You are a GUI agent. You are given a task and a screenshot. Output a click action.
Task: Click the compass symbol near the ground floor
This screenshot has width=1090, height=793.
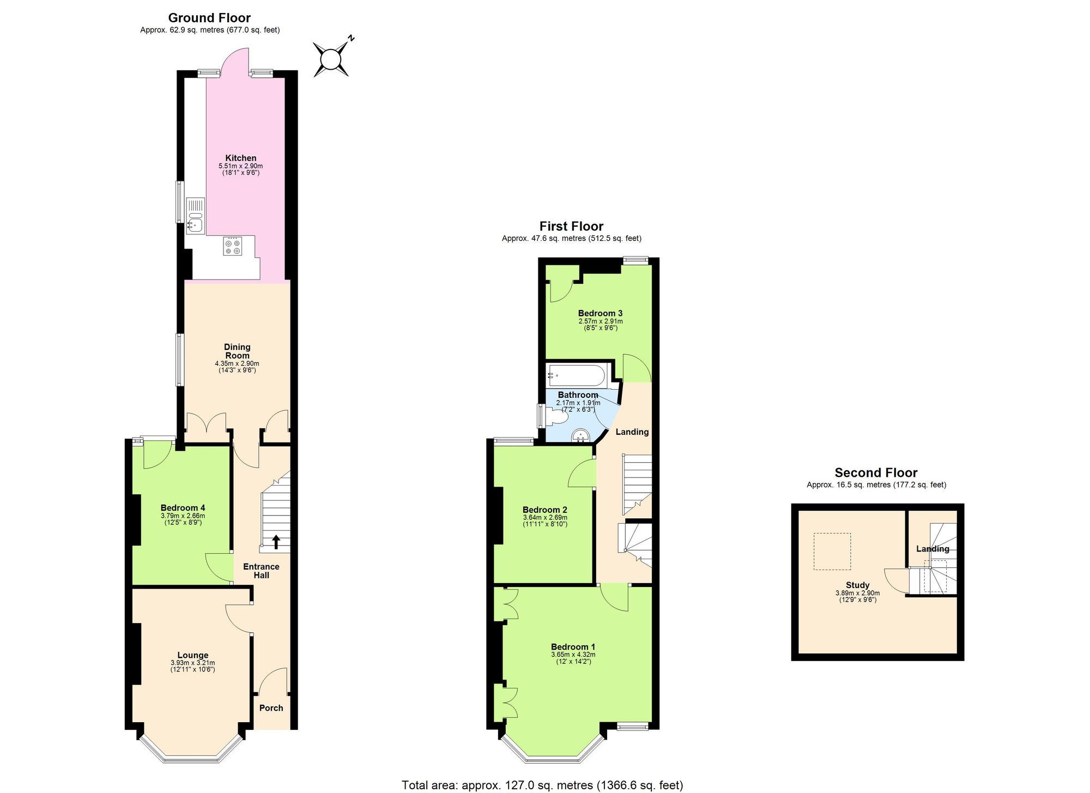coord(331,59)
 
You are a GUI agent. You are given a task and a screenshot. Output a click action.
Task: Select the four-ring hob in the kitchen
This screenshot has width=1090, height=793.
coord(232,246)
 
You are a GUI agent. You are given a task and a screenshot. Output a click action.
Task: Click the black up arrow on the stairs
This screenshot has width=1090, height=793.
coord(276,541)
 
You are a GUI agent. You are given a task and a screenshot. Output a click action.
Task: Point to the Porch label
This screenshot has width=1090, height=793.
coord(271,708)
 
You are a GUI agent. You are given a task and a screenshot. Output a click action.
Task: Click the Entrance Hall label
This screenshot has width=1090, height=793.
coord(261,571)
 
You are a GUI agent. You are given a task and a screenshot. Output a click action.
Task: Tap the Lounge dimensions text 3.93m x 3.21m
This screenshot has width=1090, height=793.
coord(192,663)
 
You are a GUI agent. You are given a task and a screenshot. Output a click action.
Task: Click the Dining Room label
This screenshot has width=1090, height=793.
coord(237,351)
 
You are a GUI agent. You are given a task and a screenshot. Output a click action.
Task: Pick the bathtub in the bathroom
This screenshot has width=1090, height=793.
coord(576,375)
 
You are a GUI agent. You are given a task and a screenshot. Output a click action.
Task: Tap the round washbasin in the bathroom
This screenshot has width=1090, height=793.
coord(581,435)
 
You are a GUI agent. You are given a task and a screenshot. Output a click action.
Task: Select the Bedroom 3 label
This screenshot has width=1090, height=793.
coord(600,313)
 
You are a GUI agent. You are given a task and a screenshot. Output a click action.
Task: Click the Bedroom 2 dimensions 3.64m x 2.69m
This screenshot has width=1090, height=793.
coord(545,518)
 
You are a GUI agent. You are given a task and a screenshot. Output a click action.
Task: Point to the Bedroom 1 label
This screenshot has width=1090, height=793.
coord(573,647)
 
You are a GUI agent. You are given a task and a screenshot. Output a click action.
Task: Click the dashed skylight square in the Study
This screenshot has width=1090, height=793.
coord(832,552)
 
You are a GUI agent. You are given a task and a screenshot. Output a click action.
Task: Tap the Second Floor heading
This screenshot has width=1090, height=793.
coord(876,473)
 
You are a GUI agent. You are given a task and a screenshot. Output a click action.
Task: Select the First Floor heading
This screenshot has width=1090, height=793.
coord(571,226)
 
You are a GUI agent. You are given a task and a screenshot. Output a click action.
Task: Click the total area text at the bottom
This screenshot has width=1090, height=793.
coord(542,785)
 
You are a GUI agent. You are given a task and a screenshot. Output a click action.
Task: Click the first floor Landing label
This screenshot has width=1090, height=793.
coord(632,432)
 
